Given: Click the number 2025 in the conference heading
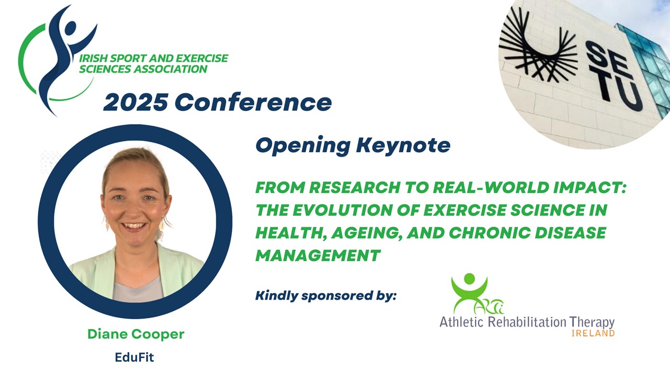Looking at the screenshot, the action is point(136,102).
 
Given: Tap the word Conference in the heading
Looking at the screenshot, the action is point(253,102).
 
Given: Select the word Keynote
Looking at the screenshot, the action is point(403,146).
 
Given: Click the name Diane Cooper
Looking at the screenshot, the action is point(136,334).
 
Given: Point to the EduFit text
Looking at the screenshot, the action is point(135,357).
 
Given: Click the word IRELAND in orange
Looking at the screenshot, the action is point(593,334).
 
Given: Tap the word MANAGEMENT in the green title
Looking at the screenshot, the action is point(318,256).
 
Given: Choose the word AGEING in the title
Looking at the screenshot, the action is point(367,233).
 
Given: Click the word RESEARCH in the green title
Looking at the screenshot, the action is point(355,187).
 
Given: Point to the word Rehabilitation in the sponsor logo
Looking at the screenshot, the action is point(527,322).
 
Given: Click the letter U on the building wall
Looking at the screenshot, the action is point(629,96).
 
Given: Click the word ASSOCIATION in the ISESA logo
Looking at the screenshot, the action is point(171,69).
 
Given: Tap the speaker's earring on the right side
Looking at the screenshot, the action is point(162,224).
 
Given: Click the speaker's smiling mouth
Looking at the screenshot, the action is point(133,226).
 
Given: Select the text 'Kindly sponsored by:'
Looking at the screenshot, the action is point(326,296).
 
